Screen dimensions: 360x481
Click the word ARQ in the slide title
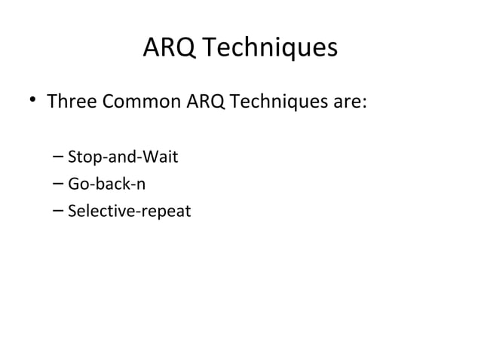tap(167, 48)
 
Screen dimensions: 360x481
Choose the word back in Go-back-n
tap(108, 185)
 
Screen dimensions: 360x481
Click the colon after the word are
tap(364, 102)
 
